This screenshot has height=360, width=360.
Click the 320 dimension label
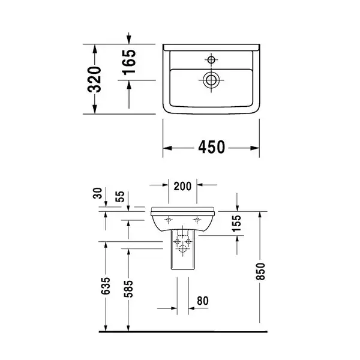[x=94, y=79]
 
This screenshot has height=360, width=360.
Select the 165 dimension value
[x=129, y=62]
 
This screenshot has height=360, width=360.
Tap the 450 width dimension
[x=211, y=147]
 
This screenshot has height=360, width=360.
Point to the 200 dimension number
[x=182, y=186]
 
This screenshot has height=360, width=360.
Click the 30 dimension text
[x=97, y=193]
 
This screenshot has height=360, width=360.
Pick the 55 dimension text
[x=120, y=197]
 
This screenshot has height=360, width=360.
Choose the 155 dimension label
[x=236, y=224]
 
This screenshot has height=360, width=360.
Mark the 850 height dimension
[x=260, y=272]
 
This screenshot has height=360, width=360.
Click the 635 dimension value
[x=106, y=286]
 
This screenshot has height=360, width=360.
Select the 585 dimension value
[x=128, y=289]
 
